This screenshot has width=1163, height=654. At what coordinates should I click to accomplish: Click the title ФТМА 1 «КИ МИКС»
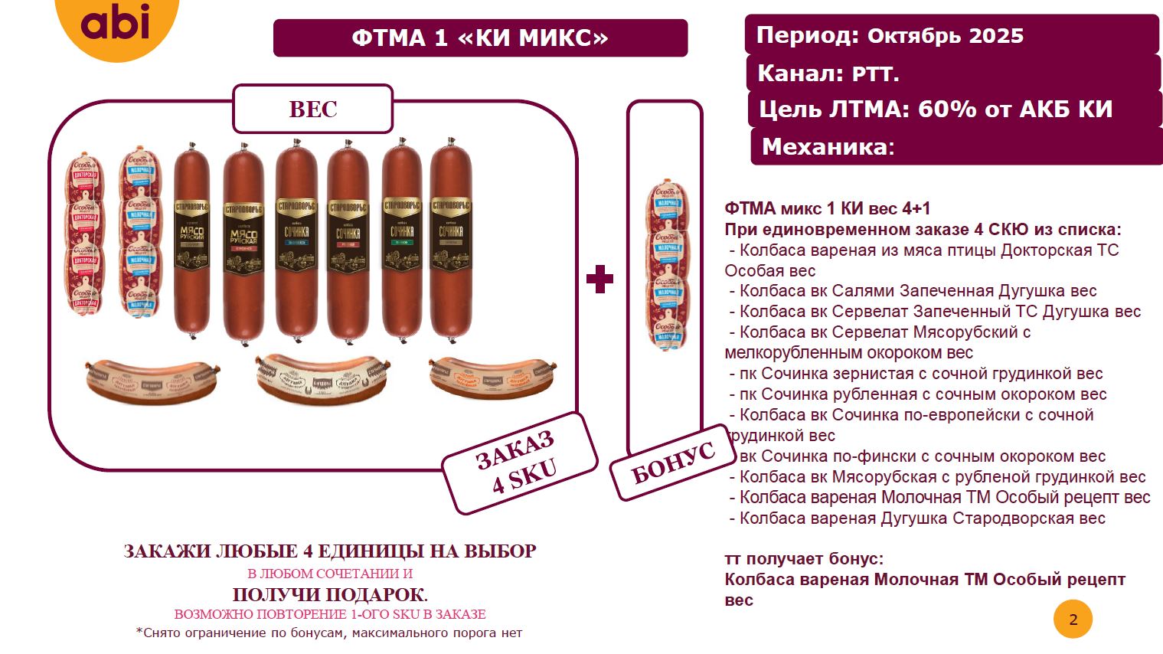pyautogui.click(x=480, y=38)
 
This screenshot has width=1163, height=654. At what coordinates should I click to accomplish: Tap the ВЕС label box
pyautogui.click(x=312, y=110)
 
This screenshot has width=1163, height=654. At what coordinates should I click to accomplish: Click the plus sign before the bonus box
pyautogui.click(x=599, y=280)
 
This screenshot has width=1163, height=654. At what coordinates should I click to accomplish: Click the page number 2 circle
pyautogui.click(x=1073, y=620)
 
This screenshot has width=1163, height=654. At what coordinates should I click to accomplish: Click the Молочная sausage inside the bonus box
pyautogui.click(x=665, y=264)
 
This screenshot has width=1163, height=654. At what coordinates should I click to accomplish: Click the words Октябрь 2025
pyautogui.click(x=946, y=36)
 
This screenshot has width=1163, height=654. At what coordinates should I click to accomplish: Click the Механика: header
pyautogui.click(x=828, y=146)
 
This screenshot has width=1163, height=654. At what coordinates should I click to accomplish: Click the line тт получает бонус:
pyautogui.click(x=804, y=559)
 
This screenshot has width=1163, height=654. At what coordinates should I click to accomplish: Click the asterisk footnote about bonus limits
pyautogui.click(x=329, y=633)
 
